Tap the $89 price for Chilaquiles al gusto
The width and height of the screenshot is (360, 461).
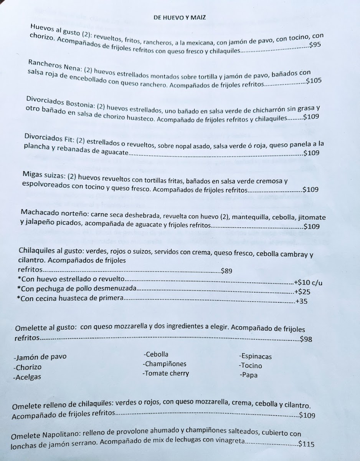tap(227, 271)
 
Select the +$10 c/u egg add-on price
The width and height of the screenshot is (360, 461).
tap(309, 283)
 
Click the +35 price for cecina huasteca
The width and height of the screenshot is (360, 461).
tap(302, 302)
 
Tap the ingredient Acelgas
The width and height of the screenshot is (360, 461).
tap(27, 377)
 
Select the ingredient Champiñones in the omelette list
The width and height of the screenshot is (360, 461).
tap(165, 364)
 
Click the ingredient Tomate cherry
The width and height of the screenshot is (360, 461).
tap(166, 373)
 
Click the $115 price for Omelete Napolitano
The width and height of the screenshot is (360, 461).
tap(306, 444)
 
